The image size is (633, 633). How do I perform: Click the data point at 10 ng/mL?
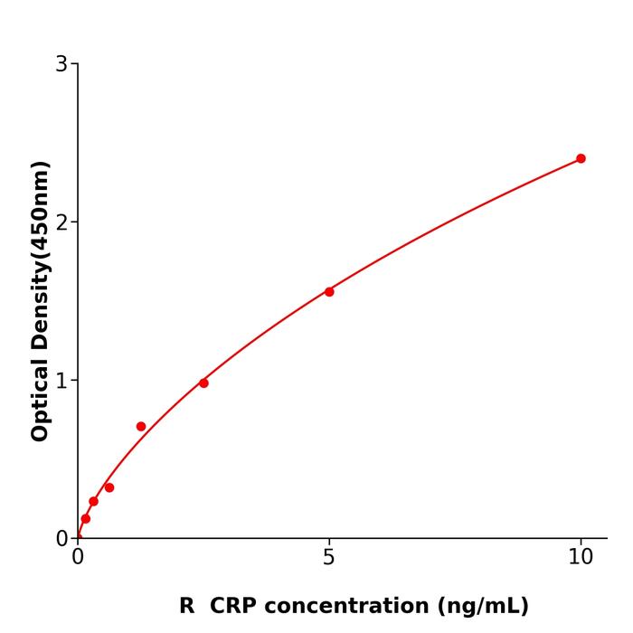(581, 158)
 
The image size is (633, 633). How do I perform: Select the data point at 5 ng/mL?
(329, 291)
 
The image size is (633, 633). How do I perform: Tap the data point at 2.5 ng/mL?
(203, 383)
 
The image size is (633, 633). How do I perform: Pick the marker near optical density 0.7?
(141, 426)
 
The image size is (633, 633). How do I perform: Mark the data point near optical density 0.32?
(109, 487)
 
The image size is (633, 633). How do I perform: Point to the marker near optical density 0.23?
(93, 501)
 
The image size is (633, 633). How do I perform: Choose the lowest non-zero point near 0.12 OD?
(86, 518)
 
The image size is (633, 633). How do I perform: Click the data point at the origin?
(78, 537)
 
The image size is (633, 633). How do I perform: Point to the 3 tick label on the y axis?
(61, 64)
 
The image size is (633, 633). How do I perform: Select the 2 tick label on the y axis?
(61, 222)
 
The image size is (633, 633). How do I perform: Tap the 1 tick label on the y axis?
(61, 381)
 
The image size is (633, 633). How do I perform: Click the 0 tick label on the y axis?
(61, 539)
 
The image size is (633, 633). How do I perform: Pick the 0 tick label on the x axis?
(78, 558)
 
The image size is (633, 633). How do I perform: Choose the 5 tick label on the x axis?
(329, 558)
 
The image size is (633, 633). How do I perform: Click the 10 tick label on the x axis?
(581, 558)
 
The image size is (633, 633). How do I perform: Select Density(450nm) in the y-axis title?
(40, 255)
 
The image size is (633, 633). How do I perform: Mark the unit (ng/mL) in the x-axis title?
(483, 606)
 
